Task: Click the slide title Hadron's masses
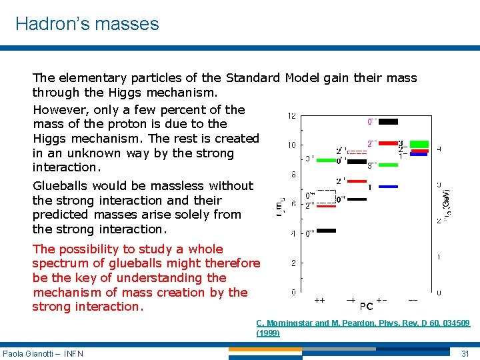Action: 87,24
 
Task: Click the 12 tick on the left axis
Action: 292,117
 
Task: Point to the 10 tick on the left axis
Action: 292,145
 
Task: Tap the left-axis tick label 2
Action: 293,263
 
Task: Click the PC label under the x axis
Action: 366,307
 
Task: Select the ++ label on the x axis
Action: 319,301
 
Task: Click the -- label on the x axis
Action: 413,301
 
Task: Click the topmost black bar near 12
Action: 388,121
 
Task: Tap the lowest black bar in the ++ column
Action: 326,231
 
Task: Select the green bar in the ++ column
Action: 326,160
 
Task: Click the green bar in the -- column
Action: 419,143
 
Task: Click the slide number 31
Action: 465,353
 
